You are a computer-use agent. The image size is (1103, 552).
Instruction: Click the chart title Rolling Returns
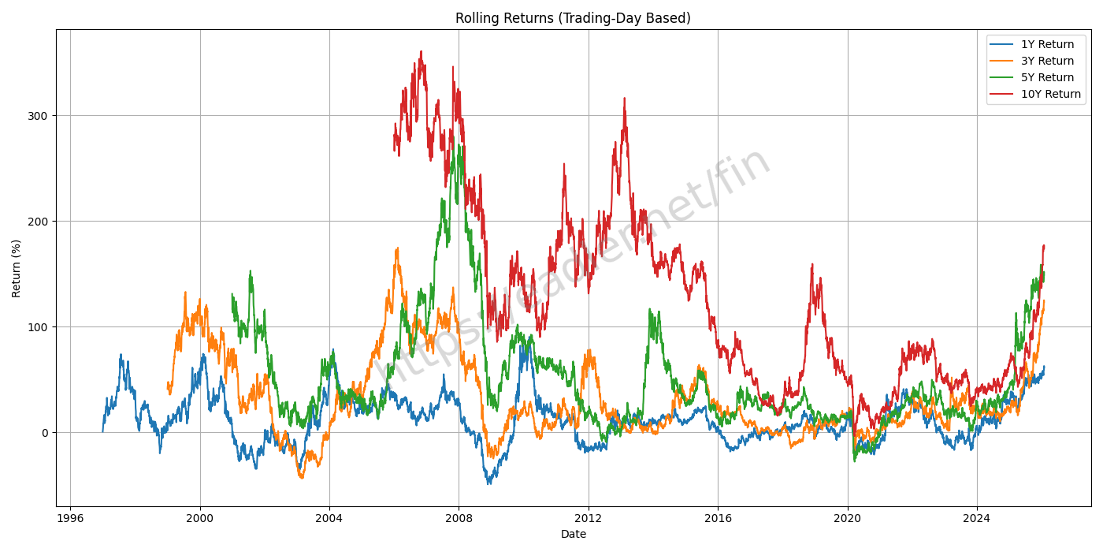[x=573, y=18]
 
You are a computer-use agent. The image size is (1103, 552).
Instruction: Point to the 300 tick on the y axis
[x=39, y=116]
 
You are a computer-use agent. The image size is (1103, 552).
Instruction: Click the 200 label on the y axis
[x=39, y=222]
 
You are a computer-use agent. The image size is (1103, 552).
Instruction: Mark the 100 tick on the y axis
[x=39, y=327]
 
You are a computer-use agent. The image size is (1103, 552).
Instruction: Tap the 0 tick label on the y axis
[x=44, y=433]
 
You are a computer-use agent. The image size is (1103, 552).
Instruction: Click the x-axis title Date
[x=573, y=535]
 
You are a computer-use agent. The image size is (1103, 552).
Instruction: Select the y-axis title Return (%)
[x=17, y=268]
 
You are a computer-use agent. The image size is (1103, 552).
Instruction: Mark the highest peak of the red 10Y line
[x=422, y=52]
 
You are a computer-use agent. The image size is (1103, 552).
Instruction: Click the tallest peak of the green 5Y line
[x=453, y=136]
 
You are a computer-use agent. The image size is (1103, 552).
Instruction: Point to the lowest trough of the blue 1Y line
[x=488, y=483]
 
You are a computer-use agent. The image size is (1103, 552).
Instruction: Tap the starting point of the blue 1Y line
[x=102, y=431]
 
